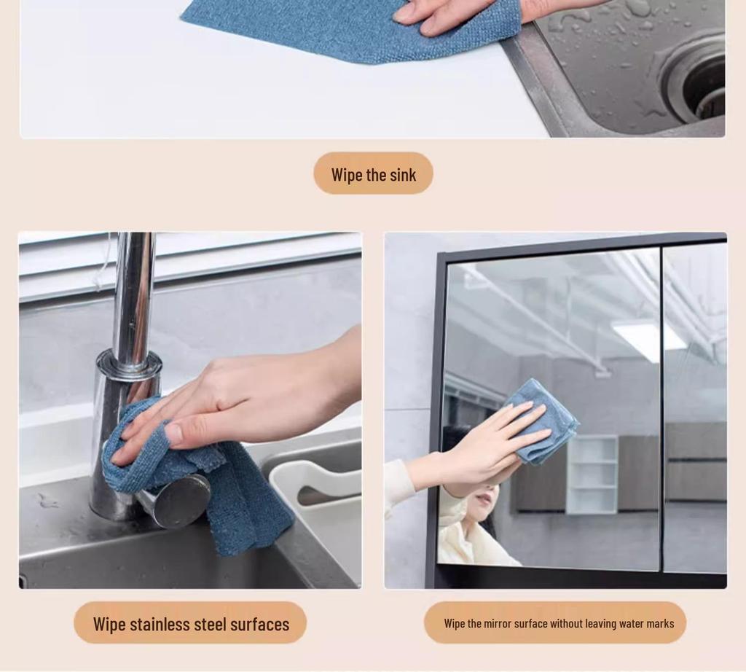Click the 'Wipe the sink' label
(x=373, y=174)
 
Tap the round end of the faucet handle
(x=182, y=501)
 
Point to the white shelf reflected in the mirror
(x=592, y=474)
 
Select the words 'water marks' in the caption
(x=646, y=624)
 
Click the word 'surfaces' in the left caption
(x=259, y=625)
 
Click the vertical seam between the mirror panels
(x=662, y=408)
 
